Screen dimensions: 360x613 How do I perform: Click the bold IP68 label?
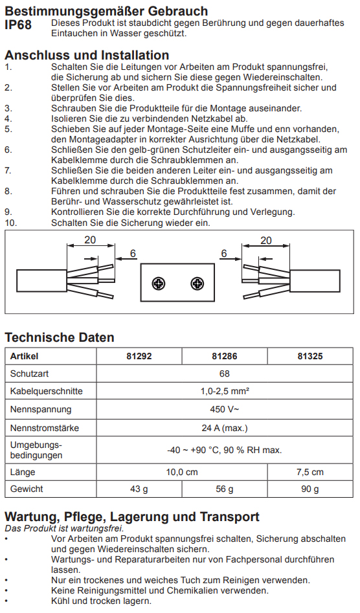click(18, 25)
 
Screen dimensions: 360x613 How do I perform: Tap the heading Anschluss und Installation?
click(87, 55)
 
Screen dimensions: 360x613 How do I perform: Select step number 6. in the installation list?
click(8, 150)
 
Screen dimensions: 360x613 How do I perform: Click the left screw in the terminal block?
click(159, 284)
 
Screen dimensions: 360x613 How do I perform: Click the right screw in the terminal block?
click(197, 284)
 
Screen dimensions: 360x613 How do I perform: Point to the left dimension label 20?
click(90, 240)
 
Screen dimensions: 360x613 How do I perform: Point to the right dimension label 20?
click(266, 240)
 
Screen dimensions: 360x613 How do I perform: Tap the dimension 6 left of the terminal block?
click(133, 254)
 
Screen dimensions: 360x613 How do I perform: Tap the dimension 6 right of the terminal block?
click(224, 254)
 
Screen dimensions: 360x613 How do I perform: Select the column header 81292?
click(139, 356)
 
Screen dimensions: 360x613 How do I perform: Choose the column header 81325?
click(310, 356)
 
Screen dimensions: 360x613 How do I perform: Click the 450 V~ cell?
click(225, 409)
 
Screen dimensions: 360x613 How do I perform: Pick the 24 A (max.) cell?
click(225, 428)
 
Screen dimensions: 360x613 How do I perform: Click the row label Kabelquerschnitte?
click(47, 392)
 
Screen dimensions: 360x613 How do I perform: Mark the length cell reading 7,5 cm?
click(310, 472)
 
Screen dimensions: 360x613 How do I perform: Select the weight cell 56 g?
click(225, 489)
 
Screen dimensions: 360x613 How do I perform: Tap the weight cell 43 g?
click(139, 489)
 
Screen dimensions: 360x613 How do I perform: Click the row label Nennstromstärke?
click(45, 428)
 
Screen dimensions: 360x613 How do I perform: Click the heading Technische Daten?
click(60, 337)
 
